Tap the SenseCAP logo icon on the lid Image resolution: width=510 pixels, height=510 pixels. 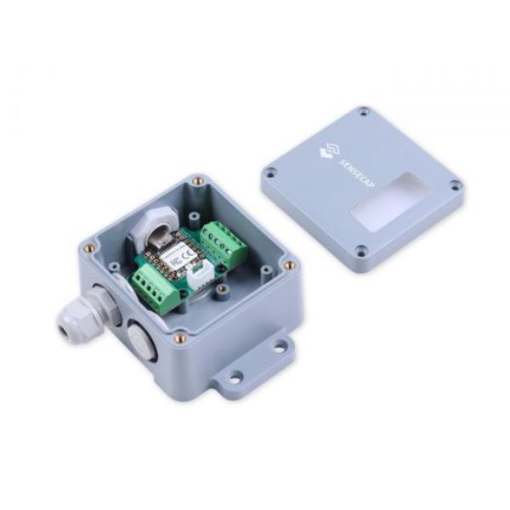[x=326, y=153]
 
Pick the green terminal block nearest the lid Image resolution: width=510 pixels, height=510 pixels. [x=223, y=241]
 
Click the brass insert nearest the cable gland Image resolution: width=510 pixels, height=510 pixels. [x=89, y=248]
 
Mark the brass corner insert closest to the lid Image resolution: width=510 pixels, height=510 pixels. [x=290, y=264]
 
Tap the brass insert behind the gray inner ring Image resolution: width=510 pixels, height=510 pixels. [x=198, y=181]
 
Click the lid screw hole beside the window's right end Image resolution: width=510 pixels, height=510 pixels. [x=456, y=185]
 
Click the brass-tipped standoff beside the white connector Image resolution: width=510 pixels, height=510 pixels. [x=222, y=290]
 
